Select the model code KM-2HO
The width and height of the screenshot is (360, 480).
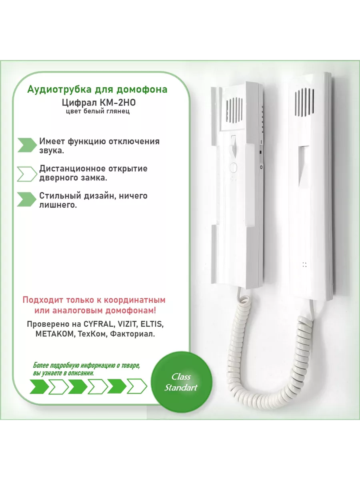coord(119,102)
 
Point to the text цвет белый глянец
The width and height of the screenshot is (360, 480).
coord(98,111)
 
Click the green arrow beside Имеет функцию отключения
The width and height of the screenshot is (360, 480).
coord(27,145)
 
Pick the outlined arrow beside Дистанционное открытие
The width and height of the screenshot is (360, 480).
coord(27,174)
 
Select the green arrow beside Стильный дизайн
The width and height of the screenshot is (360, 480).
coord(27,199)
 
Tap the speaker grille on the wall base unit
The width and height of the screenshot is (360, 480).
coord(234,111)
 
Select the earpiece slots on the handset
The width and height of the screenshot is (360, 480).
coord(304,102)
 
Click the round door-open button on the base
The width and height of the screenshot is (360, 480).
coord(234,168)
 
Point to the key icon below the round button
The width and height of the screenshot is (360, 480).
coord(234,179)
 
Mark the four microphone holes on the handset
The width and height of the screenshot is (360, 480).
coord(304,265)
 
